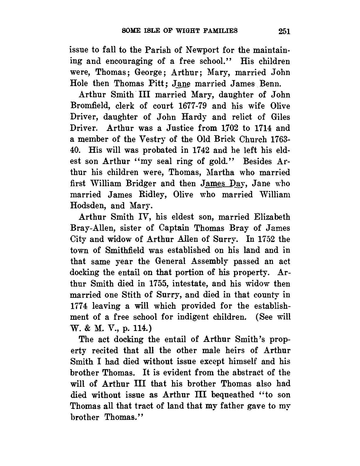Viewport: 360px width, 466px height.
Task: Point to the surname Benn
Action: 272,84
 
